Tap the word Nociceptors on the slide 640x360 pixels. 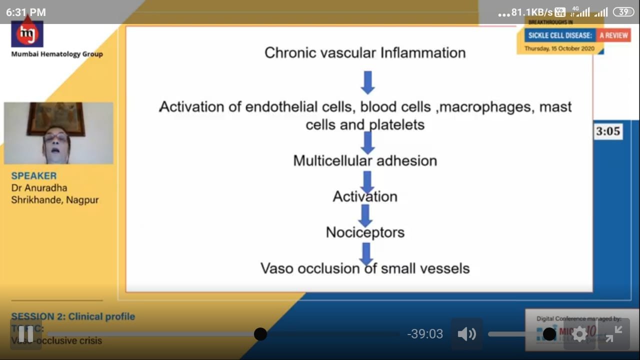tap(365, 232)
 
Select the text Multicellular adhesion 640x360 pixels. tap(365, 160)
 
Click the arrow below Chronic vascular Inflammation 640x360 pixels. tap(367, 82)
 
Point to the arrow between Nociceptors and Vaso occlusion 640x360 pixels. tap(366, 253)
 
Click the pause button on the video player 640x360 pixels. tap(25, 333)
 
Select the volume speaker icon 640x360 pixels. tap(466, 334)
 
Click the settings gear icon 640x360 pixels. tap(579, 334)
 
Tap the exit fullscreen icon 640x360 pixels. tap(613, 333)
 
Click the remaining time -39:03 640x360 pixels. tap(425, 334)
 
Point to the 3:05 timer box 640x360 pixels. tap(608, 131)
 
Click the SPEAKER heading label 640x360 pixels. tap(34, 176)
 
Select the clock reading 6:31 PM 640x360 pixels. tap(26, 12)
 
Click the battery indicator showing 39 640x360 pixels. tap(623, 12)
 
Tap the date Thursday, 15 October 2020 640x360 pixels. tap(559, 48)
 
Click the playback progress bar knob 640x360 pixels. tap(260, 334)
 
